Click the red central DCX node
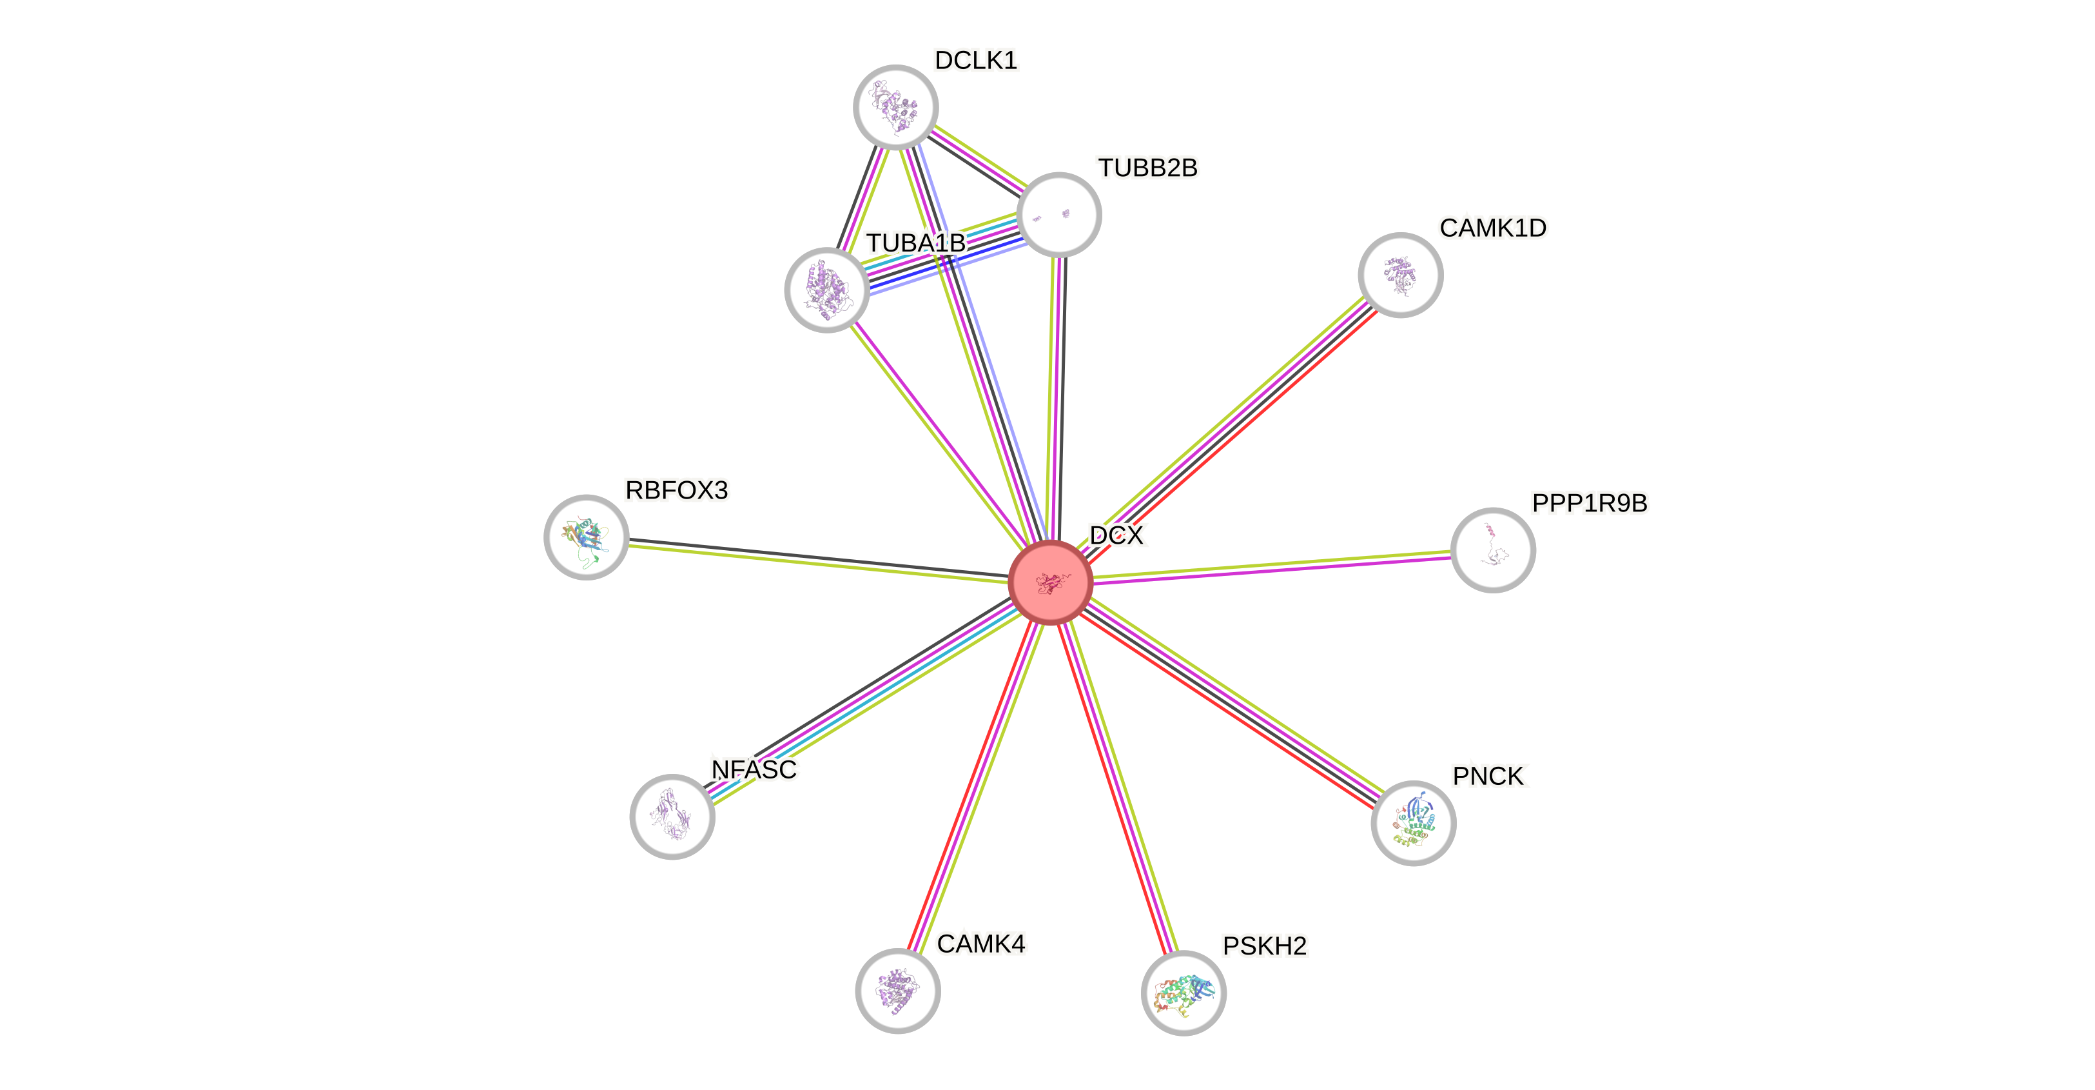coord(1050,582)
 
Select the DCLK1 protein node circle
coord(895,106)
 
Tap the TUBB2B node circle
coord(1059,215)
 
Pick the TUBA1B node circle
coord(826,290)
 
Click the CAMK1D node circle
coord(1401,275)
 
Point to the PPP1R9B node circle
coord(1493,551)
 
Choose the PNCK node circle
coord(1414,822)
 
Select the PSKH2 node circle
coord(1184,993)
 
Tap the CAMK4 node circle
coord(898,991)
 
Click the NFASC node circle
coord(672,816)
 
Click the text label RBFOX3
coord(677,490)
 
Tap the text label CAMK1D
coord(1492,228)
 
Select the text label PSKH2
coord(1265,946)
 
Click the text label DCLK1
coord(976,60)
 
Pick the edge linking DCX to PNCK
coord(1232,703)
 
